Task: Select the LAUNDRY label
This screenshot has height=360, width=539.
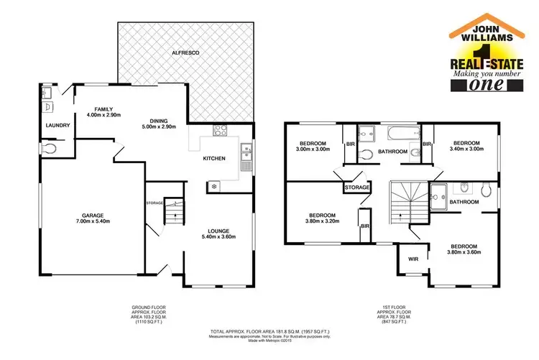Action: click(x=57, y=126)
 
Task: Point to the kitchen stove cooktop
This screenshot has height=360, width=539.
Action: click(x=221, y=130)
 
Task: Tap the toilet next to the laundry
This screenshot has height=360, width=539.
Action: click(x=48, y=149)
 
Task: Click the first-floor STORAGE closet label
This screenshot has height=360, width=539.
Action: click(x=357, y=188)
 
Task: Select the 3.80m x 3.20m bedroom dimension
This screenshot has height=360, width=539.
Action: click(x=323, y=221)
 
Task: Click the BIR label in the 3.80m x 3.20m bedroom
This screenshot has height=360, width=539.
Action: click(x=364, y=226)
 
